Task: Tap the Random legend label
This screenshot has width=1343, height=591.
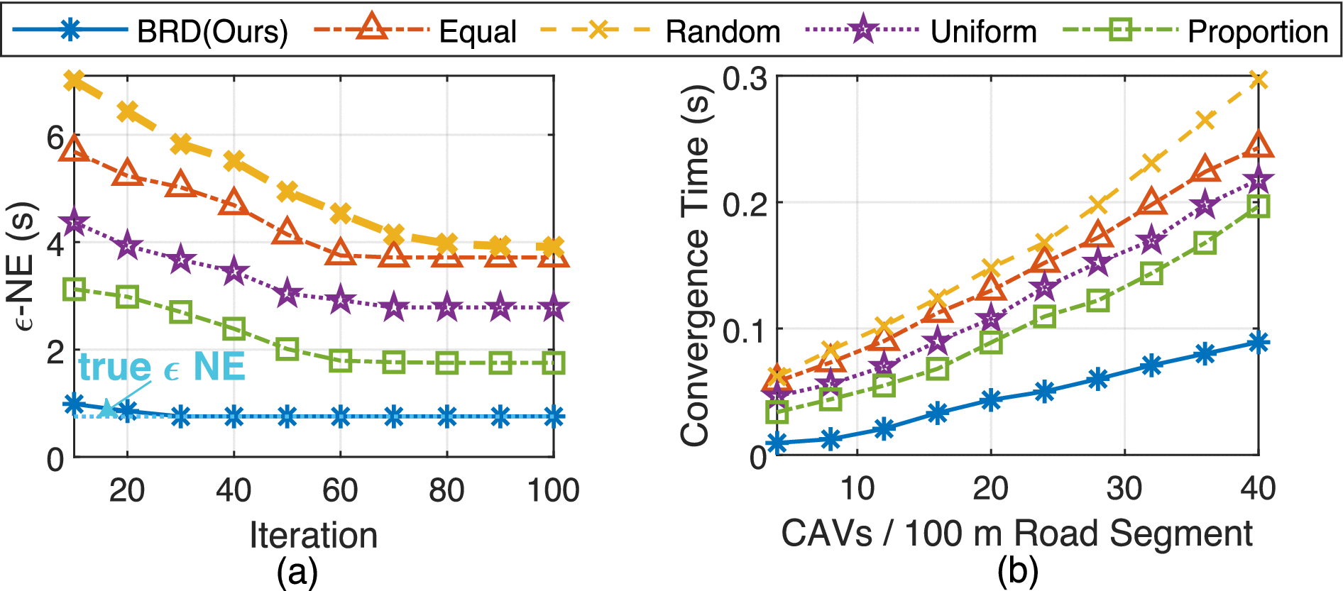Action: (x=723, y=31)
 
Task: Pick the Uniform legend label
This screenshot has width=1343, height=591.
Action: (x=983, y=31)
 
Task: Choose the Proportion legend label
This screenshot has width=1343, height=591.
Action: (x=1258, y=31)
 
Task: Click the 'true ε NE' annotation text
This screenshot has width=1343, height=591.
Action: (x=162, y=367)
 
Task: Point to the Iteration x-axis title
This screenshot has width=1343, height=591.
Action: (x=313, y=534)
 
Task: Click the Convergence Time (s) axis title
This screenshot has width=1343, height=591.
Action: (x=695, y=266)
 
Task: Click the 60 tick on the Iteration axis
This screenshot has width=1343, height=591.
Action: (x=340, y=490)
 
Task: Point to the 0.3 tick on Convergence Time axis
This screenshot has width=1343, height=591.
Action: (x=744, y=78)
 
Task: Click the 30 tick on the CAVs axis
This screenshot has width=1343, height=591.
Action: (x=1124, y=488)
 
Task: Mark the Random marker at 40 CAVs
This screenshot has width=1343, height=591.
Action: (x=1258, y=79)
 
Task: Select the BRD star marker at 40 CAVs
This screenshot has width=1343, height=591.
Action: (x=1258, y=343)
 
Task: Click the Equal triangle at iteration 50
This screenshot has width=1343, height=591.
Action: (x=287, y=231)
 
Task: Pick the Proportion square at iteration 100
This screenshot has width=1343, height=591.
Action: (x=554, y=363)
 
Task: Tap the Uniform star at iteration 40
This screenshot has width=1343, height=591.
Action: (x=234, y=272)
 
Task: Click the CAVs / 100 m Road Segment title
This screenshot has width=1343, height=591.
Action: (x=1016, y=533)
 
